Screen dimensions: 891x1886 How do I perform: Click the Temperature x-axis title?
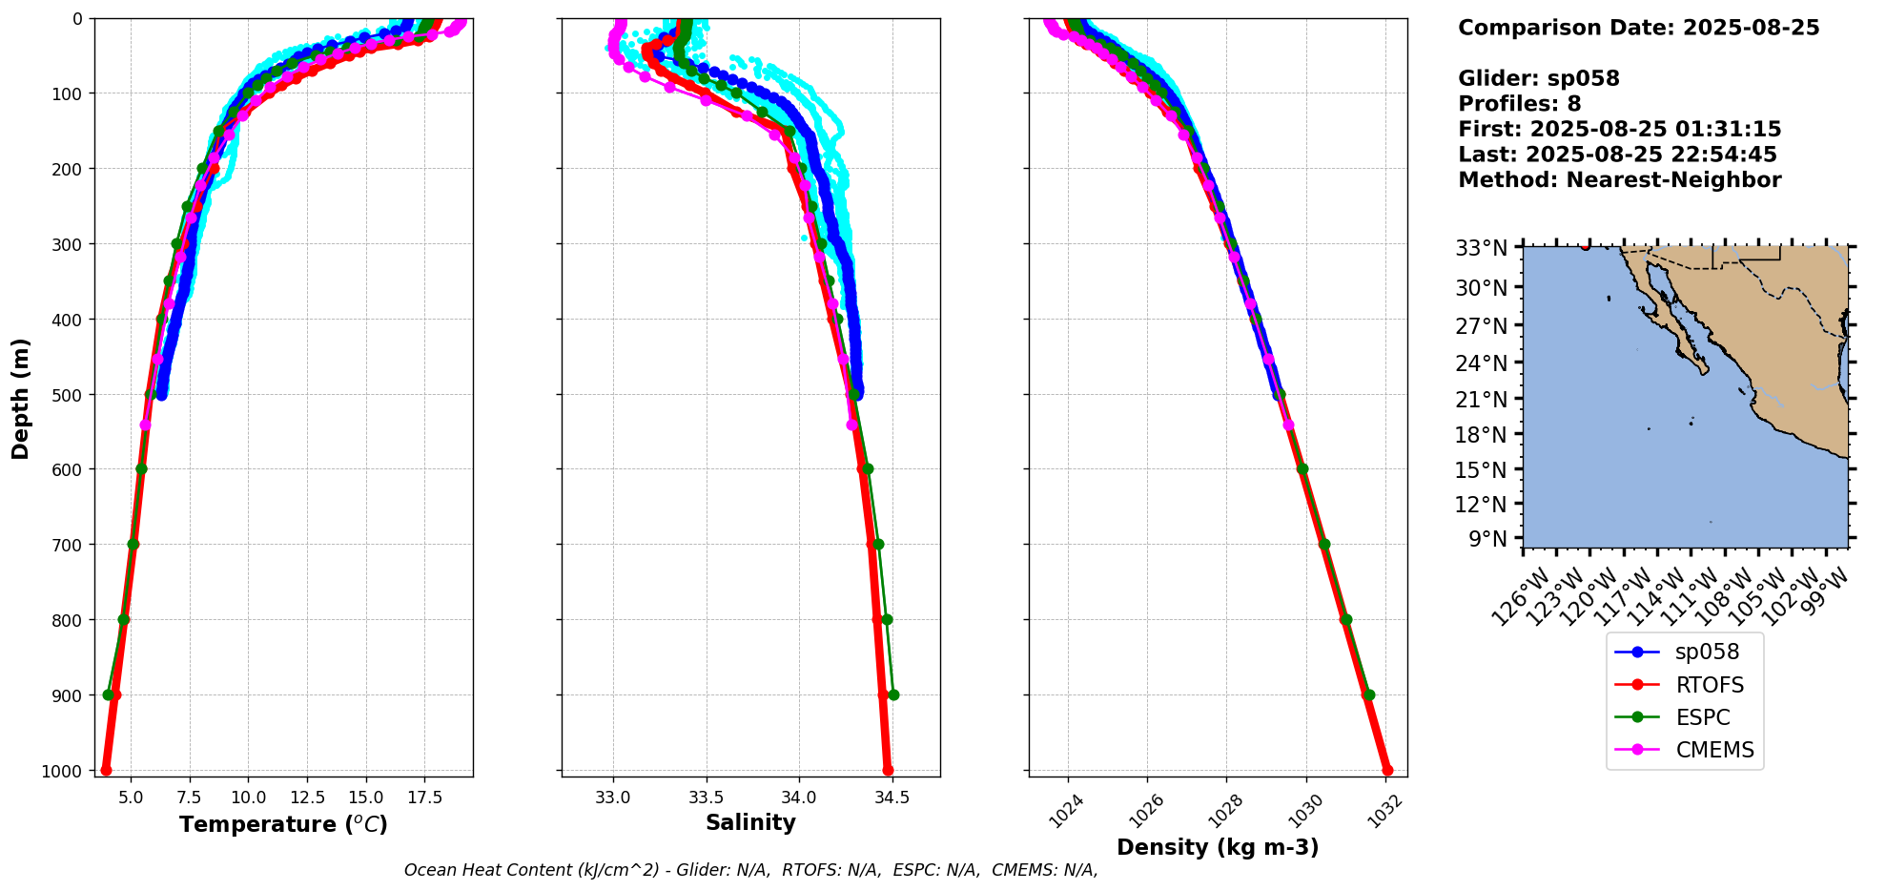tap(283, 824)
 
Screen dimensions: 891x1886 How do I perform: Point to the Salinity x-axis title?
tap(750, 822)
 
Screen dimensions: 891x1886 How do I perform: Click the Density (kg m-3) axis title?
tap(1218, 847)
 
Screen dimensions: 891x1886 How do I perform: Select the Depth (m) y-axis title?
tap(21, 399)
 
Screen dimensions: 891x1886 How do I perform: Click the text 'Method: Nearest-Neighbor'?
tap(1619, 180)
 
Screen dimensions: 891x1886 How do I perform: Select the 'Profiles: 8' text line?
tap(1519, 104)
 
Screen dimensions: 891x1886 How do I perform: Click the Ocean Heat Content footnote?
tap(750, 870)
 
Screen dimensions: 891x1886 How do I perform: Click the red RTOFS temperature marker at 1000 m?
tap(106, 770)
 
